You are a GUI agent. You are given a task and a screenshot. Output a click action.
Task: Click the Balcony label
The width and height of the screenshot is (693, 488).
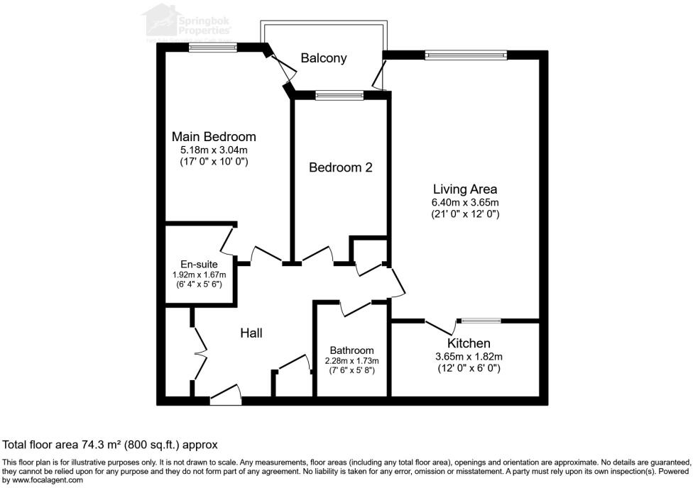pyautogui.click(x=324, y=58)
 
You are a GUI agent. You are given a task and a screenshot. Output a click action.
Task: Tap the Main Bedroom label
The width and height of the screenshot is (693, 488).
pyautogui.click(x=214, y=136)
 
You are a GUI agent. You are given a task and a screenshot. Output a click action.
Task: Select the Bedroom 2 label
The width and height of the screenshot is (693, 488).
pyautogui.click(x=340, y=167)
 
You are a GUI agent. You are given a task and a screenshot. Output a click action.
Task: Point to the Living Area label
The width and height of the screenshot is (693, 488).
pyautogui.click(x=465, y=189)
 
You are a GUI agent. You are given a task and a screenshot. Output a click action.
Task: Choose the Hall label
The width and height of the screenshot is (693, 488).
pyautogui.click(x=251, y=332)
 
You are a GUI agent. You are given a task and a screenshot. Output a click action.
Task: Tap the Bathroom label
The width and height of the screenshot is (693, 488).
pyautogui.click(x=351, y=350)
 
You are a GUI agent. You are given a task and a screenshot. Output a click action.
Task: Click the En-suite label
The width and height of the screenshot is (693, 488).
pyautogui.click(x=199, y=265)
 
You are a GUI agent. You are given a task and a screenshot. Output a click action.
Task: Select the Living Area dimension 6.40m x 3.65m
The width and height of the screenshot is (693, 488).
pyautogui.click(x=465, y=202)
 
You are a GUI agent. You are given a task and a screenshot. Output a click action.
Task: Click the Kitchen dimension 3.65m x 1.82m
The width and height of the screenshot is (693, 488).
pyautogui.click(x=469, y=356)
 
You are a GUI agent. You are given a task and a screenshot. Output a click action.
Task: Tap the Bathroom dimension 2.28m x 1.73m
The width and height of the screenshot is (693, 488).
pyautogui.click(x=351, y=360)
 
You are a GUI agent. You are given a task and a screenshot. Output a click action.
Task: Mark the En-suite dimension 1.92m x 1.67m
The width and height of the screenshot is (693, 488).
pyautogui.click(x=199, y=274)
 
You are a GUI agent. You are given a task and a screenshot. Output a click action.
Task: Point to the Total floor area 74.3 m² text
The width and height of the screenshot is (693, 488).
pyautogui.click(x=110, y=445)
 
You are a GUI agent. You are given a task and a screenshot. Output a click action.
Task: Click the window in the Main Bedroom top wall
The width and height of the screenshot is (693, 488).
pyautogui.click(x=212, y=48)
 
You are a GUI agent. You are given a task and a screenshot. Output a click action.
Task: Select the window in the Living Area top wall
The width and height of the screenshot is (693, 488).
pyautogui.click(x=465, y=54)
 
